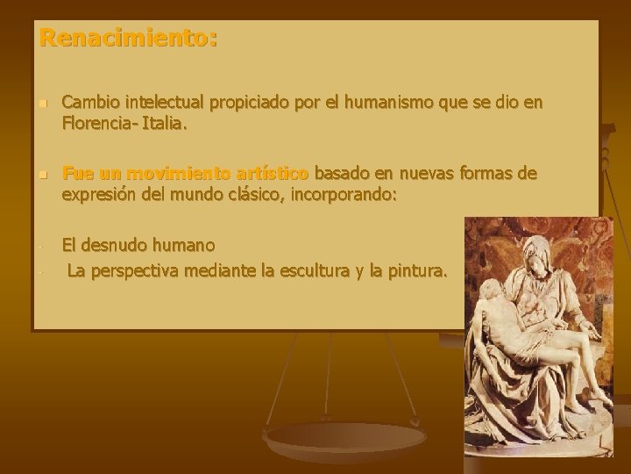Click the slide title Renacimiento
(128, 39)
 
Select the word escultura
(335, 272)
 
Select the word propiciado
(254, 104)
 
